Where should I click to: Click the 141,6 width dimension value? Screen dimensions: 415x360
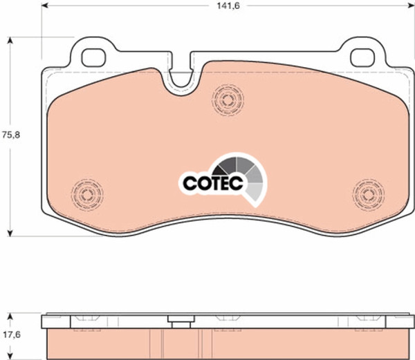tap(228, 6)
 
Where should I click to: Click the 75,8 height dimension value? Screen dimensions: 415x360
tap(11, 135)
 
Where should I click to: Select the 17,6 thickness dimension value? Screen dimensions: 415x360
tap(12, 335)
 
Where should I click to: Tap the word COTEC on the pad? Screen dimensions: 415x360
tap(213, 183)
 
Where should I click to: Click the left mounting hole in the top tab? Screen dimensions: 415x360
tap(93, 58)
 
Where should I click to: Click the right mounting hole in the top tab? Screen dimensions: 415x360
tap(362, 58)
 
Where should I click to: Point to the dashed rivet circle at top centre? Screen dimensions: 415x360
tap(228, 100)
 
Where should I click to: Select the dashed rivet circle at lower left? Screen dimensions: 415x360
tap(87, 195)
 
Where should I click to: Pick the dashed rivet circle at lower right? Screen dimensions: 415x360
tap(369, 195)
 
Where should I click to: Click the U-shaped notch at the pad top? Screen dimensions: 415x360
tap(180, 79)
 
